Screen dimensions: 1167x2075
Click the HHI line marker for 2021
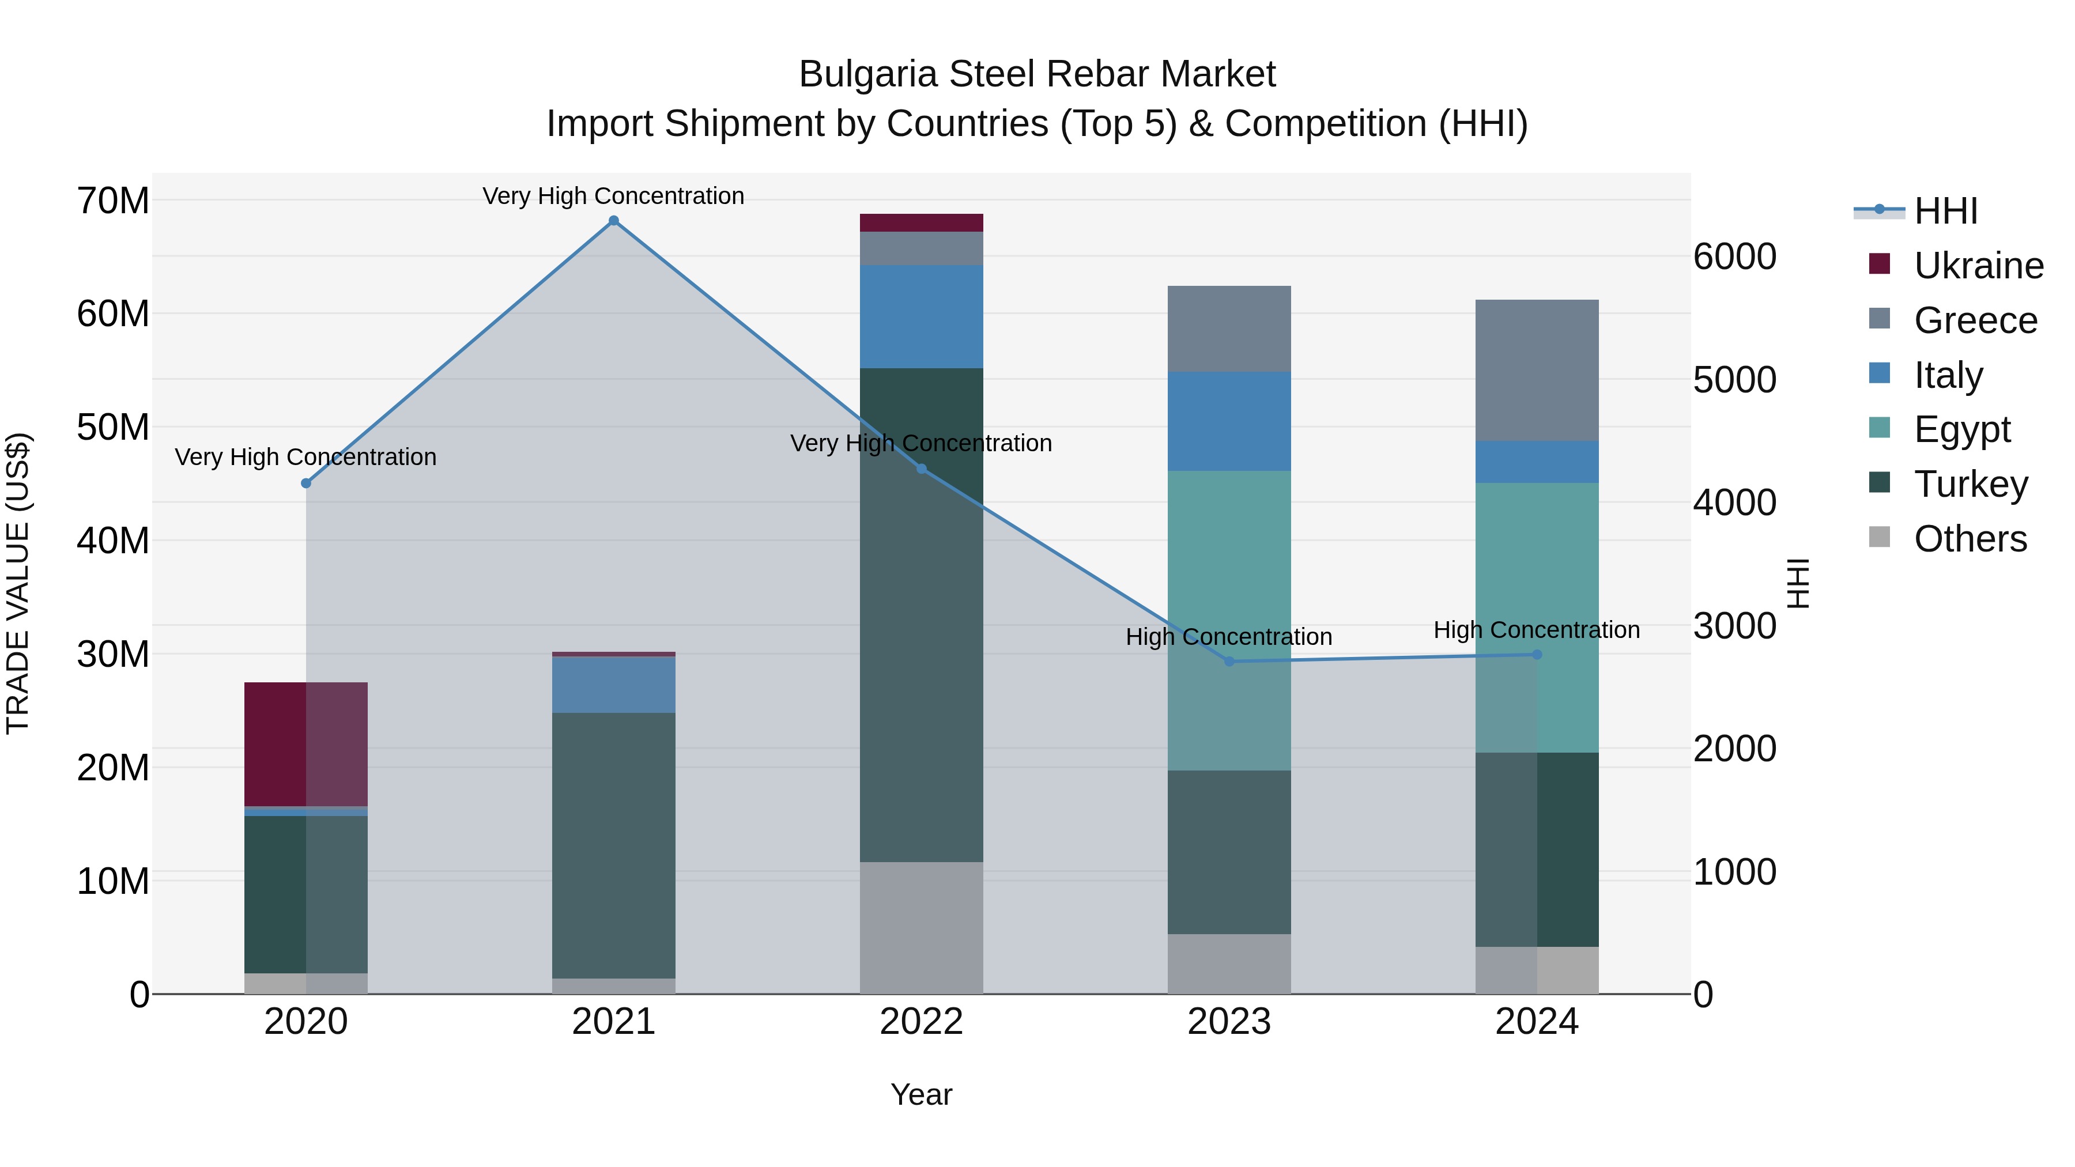(x=614, y=221)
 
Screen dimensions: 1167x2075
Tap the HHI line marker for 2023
(x=1229, y=661)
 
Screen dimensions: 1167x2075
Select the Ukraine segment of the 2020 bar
(x=306, y=744)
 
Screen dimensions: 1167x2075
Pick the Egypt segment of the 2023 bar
(x=1229, y=620)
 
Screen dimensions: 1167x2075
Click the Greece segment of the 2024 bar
(x=1537, y=371)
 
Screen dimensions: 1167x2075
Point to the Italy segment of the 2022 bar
(x=922, y=316)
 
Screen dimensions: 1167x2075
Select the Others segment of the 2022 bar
(x=922, y=928)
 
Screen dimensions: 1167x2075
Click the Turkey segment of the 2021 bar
(x=614, y=845)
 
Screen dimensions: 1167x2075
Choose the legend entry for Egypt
(x=1962, y=429)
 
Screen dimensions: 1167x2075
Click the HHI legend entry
(x=1945, y=211)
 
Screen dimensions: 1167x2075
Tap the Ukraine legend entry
(x=1978, y=266)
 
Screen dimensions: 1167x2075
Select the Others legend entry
(x=1970, y=539)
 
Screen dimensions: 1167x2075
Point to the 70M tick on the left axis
(x=113, y=201)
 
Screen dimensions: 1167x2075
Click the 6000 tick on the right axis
(x=1734, y=257)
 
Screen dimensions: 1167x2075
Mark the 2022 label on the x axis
(x=922, y=1022)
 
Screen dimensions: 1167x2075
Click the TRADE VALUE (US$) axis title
(x=18, y=583)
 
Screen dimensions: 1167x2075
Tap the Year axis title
(x=922, y=1094)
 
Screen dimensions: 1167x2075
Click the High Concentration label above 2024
(x=1537, y=630)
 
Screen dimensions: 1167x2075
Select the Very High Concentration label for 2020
(x=306, y=456)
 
